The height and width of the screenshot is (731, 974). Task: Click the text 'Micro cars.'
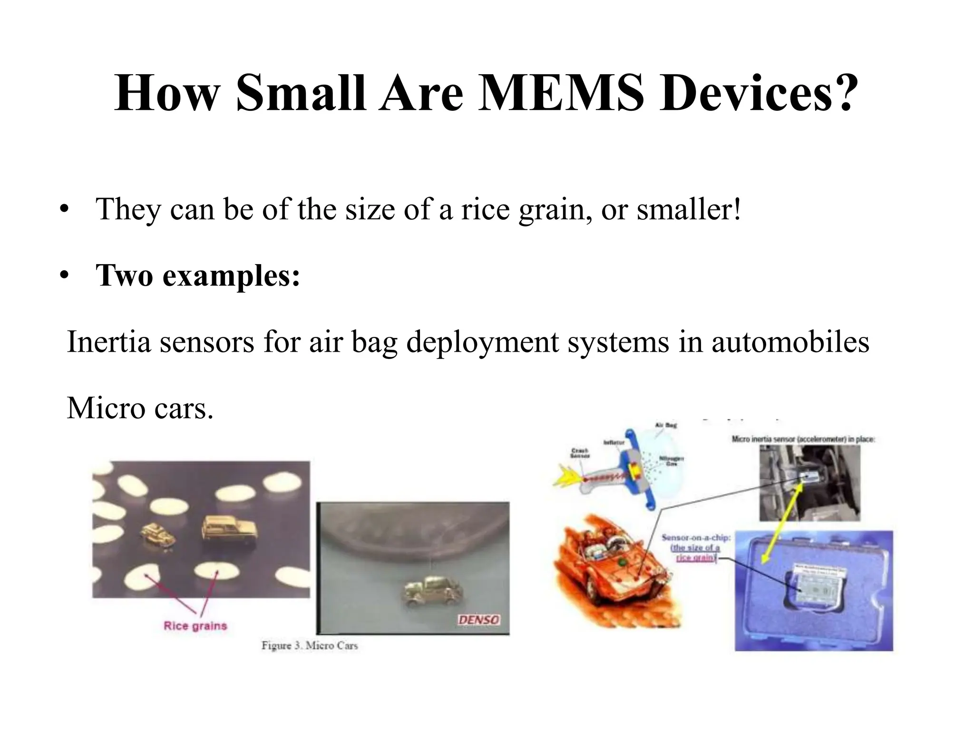pos(140,408)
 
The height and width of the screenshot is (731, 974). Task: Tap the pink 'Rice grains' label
pos(195,625)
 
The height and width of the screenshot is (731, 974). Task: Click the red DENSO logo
pos(478,620)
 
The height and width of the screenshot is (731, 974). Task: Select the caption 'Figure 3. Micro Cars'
pos(310,646)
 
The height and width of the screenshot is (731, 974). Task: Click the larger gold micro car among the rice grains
pos(230,529)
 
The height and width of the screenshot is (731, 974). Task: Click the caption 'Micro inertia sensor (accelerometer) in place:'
pos(803,439)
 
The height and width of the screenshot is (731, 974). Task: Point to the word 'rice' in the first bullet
pos(486,209)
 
